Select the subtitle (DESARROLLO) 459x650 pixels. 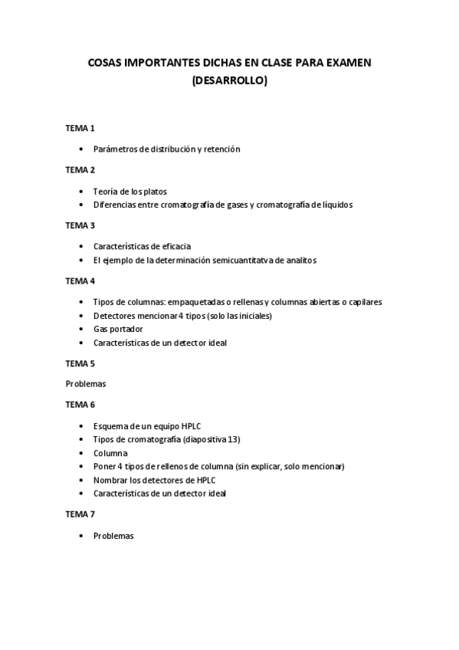coord(229,79)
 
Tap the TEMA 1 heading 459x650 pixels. coord(80,128)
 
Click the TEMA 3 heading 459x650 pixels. coord(80,225)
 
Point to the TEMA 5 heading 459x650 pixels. coord(80,363)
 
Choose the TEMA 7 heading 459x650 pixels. coord(80,514)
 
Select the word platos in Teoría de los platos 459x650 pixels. coord(153,191)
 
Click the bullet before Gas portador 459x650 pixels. coord(82,329)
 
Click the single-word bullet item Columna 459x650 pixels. coord(110,453)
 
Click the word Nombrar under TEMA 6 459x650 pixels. coord(110,480)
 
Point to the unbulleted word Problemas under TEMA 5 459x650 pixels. coord(86,383)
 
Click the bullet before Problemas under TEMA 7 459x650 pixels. coord(82,536)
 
